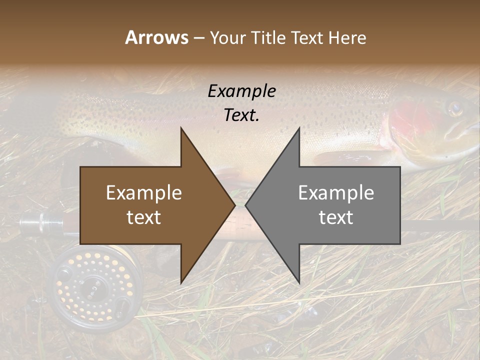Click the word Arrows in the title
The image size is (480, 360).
156,37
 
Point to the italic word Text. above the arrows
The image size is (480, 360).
241,115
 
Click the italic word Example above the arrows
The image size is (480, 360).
241,91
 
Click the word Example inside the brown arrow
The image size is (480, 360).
144,193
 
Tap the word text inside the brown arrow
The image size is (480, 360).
144,217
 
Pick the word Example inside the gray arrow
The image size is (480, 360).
336,193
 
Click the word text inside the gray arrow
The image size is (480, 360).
336,217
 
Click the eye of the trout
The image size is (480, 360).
454,107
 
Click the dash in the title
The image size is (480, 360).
198,38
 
